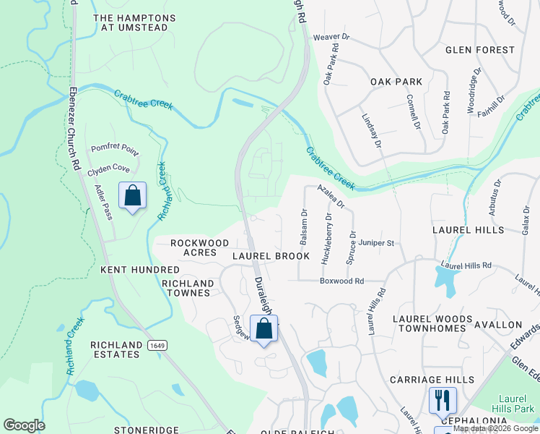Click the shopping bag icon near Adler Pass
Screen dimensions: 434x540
[x=132, y=195]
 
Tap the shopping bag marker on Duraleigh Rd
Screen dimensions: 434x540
[x=264, y=328]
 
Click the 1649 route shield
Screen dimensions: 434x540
[x=157, y=346]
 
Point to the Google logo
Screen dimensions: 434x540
[x=24, y=425]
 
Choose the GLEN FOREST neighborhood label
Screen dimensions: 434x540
[x=480, y=50]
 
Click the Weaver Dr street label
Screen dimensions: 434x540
[x=331, y=37]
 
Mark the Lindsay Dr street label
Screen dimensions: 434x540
[x=371, y=131]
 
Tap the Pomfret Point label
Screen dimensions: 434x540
[x=114, y=148]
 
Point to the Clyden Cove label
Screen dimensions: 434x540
[x=108, y=169]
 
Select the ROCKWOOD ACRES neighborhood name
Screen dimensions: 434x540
[x=193, y=247]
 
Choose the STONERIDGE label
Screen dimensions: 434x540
[x=146, y=430]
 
